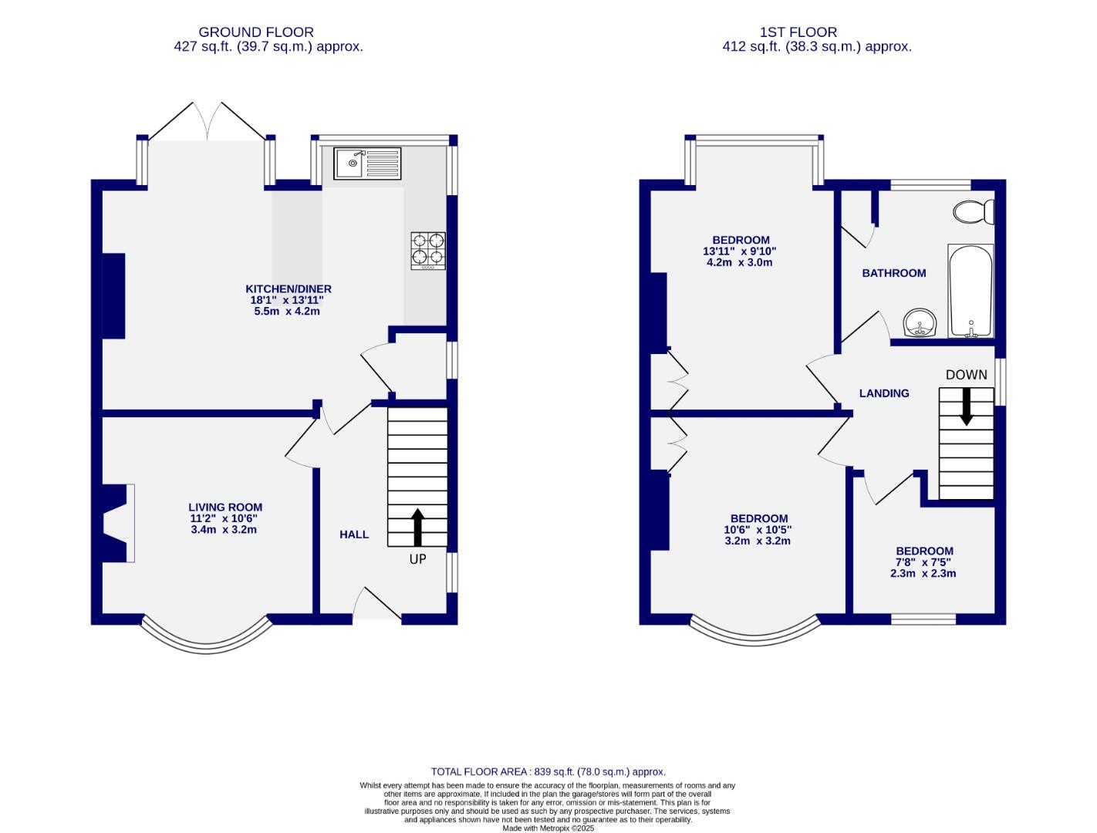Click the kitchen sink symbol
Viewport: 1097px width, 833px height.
tap(367, 163)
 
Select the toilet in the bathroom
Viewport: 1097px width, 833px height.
tap(973, 211)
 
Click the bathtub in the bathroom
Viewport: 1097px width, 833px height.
tap(970, 291)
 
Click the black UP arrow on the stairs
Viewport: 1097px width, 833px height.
tap(417, 527)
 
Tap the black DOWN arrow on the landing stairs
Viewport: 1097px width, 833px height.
tap(966, 406)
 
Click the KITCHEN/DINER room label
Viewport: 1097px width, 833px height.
tap(289, 289)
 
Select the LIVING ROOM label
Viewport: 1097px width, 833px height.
tap(225, 508)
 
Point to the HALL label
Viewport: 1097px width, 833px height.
tap(354, 535)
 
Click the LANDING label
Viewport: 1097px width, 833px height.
tap(884, 393)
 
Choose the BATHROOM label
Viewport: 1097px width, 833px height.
tap(894, 273)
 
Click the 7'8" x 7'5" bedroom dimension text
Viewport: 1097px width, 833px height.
tap(923, 562)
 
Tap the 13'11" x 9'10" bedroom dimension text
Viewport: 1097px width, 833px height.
tap(739, 251)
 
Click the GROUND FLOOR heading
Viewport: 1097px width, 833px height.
tap(256, 32)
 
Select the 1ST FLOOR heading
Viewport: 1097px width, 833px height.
tap(798, 32)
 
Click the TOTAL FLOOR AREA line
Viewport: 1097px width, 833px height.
tap(548, 771)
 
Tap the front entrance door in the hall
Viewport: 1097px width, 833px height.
tap(377, 605)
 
